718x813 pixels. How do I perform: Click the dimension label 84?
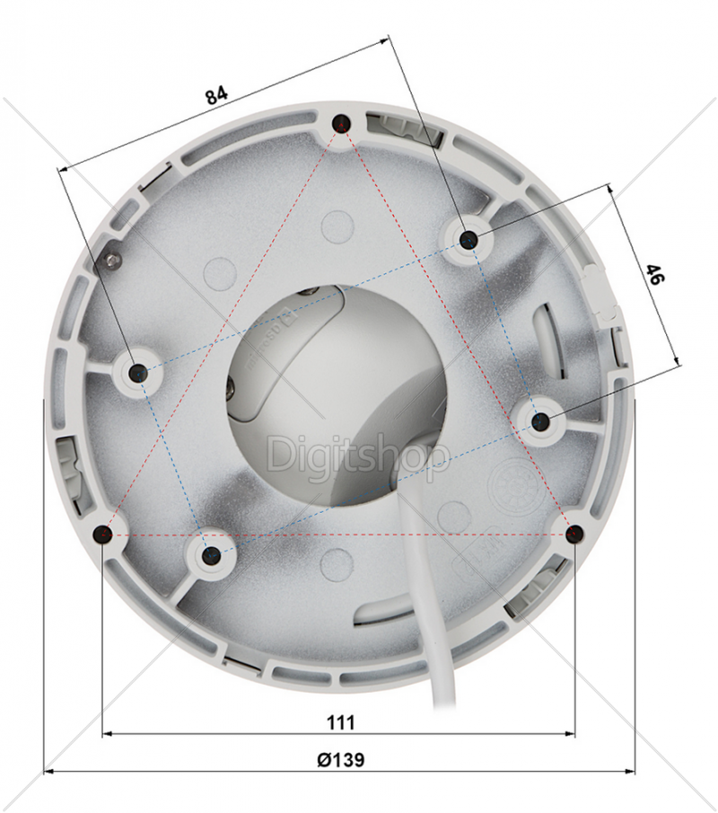[216, 95]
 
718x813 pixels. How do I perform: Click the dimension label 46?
[653, 274]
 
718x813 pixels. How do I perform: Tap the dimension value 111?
[341, 722]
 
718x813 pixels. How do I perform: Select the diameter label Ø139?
[340, 760]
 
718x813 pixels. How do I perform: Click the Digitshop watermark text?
[357, 455]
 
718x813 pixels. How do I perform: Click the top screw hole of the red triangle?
[341, 123]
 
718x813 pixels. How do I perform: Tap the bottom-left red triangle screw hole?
[103, 534]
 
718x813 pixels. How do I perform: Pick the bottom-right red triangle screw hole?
[574, 534]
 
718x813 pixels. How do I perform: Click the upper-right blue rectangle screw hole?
[468, 240]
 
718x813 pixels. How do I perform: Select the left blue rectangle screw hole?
[138, 373]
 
